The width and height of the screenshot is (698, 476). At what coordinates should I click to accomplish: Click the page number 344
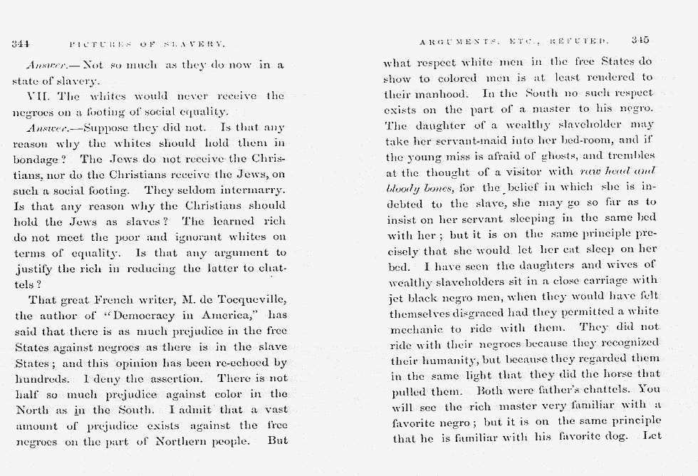pos(19,44)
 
